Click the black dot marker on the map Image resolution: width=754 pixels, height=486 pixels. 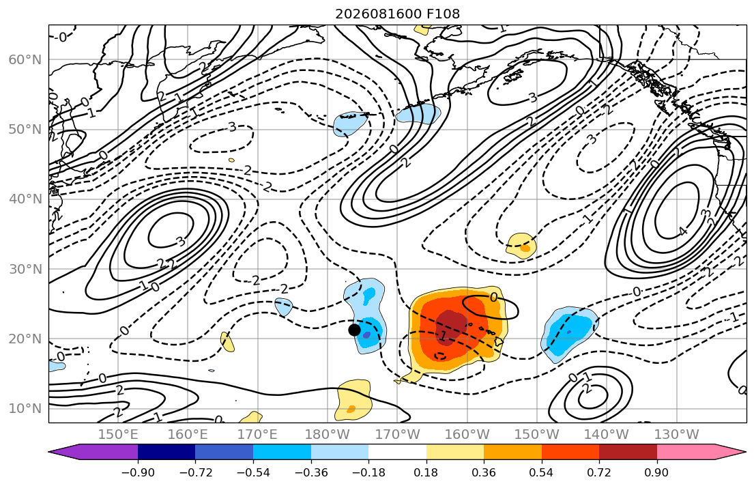point(354,330)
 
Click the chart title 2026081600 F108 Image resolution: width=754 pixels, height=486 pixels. point(397,14)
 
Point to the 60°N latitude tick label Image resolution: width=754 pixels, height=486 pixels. point(25,59)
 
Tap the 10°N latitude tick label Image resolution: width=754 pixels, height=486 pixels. point(25,409)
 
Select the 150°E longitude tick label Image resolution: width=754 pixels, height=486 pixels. point(118,435)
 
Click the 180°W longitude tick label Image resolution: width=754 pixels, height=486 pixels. point(328,435)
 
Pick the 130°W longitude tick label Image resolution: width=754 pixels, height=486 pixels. point(677,435)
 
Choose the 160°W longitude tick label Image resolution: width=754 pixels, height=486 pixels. point(467,435)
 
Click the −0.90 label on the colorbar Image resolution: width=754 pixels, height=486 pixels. point(138,473)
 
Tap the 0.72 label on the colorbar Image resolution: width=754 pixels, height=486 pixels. point(599,473)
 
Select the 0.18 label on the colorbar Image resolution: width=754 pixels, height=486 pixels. point(426,473)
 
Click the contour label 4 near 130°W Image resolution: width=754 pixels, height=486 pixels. point(683,231)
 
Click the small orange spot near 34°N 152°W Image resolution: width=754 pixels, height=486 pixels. point(525,248)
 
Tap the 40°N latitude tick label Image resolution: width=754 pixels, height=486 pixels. point(25,199)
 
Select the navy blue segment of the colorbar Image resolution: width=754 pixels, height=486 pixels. point(166,452)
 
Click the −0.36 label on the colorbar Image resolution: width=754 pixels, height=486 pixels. point(310,473)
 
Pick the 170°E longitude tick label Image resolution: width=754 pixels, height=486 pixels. point(258,435)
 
